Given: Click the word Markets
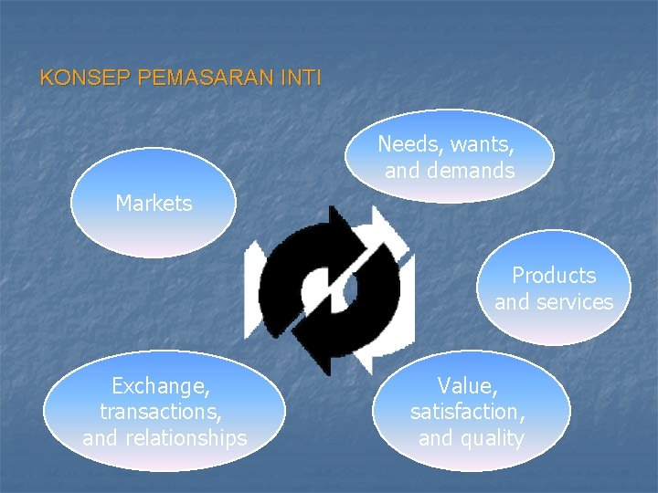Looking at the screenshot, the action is click(154, 204).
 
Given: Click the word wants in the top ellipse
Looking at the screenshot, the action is click(481, 144).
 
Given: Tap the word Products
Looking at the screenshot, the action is click(554, 276).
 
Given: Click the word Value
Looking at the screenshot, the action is click(467, 385).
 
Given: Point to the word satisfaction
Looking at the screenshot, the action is click(467, 412).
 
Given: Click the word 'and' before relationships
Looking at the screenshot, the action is click(101, 438).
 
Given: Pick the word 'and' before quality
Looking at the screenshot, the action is click(437, 438).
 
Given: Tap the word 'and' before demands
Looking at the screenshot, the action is click(402, 171).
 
